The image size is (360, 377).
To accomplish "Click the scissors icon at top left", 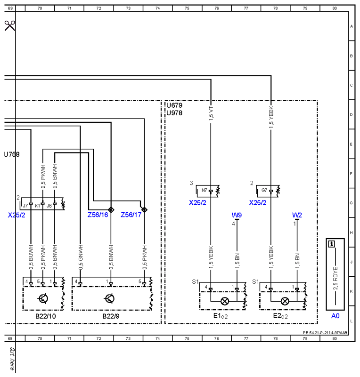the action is coord(9,26).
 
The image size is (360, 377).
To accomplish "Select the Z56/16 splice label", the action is coord(98,215).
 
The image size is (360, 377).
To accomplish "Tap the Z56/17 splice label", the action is coord(131,215).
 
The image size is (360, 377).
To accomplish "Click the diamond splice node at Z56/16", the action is coord(111,209).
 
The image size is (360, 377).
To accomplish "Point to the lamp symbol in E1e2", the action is coord(225,301).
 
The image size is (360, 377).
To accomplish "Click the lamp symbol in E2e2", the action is coord(285,301).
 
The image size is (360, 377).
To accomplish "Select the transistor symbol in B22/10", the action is coord(43,298).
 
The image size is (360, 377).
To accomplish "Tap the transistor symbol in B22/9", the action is coord(109,298).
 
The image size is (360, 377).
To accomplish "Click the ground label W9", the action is coord(237,215).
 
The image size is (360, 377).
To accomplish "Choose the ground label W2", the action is coord(297,215).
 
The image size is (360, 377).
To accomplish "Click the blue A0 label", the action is coord(335,316).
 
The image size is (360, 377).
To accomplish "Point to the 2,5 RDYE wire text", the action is coord(335,278).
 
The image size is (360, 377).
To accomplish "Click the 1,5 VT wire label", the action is coord(211,113).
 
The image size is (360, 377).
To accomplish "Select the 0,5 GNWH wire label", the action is coord(81,257).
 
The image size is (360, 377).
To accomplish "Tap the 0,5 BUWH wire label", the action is coord(31,257).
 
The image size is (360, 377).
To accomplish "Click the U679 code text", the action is coord(174,105).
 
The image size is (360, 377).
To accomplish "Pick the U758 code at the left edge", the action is coord(12,154).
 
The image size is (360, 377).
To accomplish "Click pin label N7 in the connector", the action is coord(205,190).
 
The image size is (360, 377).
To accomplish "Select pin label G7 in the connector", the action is coord(264,190).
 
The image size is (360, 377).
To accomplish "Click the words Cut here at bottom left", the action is coord(12,359).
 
